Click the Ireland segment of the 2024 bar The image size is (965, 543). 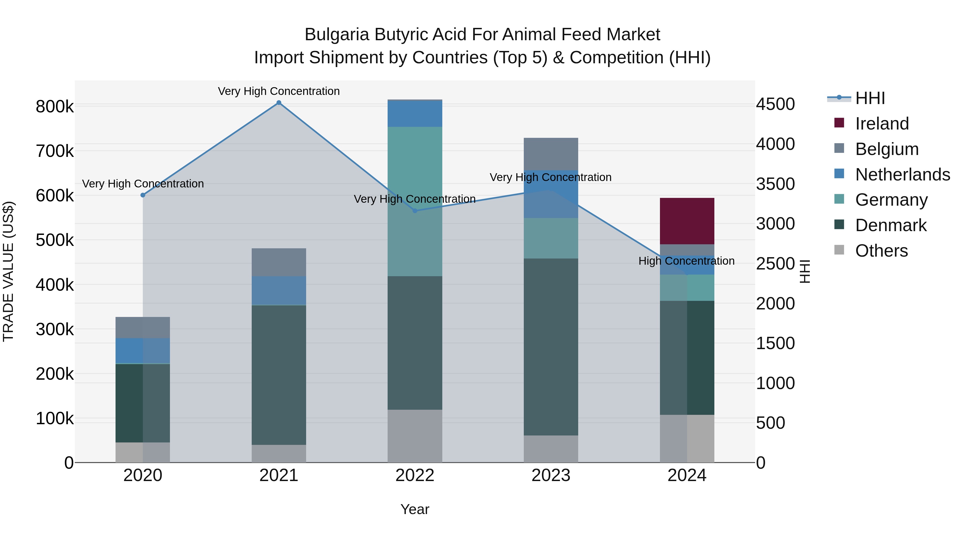(x=687, y=221)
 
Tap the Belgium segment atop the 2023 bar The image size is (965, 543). (x=551, y=154)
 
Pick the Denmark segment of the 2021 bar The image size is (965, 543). (x=279, y=375)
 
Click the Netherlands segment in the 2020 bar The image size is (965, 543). (x=142, y=350)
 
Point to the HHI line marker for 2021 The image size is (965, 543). (x=279, y=103)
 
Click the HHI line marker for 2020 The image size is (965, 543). (x=143, y=195)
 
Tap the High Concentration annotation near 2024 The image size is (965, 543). (x=686, y=261)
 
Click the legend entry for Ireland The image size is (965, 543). (x=882, y=124)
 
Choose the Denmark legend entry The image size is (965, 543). (x=890, y=225)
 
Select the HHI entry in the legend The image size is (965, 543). (x=870, y=98)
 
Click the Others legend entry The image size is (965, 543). (x=881, y=251)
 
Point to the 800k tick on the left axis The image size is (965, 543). (x=55, y=107)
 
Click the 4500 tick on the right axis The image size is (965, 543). (x=775, y=104)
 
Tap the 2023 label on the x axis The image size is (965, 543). (x=551, y=475)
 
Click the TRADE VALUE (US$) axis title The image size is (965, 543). (x=8, y=271)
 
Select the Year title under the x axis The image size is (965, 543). (x=415, y=509)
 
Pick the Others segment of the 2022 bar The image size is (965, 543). (x=415, y=436)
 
